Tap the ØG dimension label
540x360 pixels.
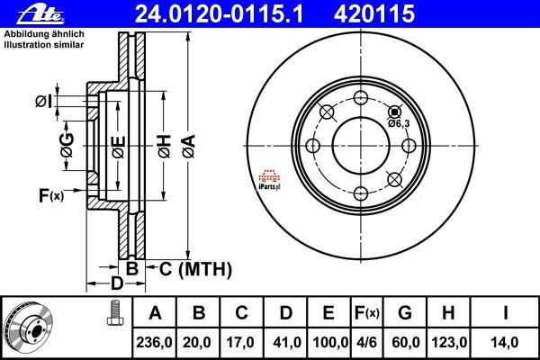[67, 141]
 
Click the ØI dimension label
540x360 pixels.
[43, 101]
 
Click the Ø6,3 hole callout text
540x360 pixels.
[399, 123]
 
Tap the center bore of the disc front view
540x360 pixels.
[361, 144]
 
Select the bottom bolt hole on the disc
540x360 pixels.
[361, 192]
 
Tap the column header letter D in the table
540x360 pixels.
[285, 313]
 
